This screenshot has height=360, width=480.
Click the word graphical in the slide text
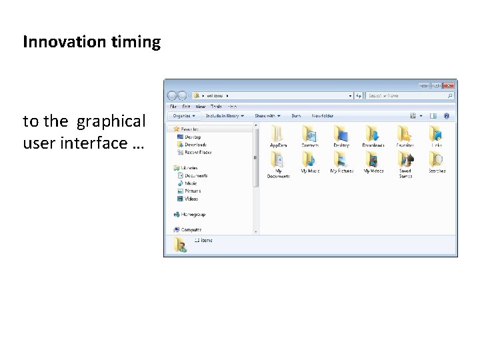point(111,121)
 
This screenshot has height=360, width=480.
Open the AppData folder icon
point(278,134)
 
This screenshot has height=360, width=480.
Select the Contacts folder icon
point(310,133)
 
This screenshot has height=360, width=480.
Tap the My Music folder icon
point(310,160)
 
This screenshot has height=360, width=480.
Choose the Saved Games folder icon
point(405,160)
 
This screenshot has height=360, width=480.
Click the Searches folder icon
point(437,160)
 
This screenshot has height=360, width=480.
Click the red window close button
point(449,85)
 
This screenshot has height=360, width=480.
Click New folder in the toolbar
point(323,115)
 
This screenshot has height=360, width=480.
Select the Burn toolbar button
point(296,115)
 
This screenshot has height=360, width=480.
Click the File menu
point(173,106)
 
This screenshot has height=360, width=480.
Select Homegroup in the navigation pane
point(193,214)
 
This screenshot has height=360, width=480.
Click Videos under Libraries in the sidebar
point(191,199)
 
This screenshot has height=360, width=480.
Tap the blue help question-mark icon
point(446,115)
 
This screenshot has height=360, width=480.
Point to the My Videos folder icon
point(373,160)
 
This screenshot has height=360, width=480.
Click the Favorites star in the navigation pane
point(177,129)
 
